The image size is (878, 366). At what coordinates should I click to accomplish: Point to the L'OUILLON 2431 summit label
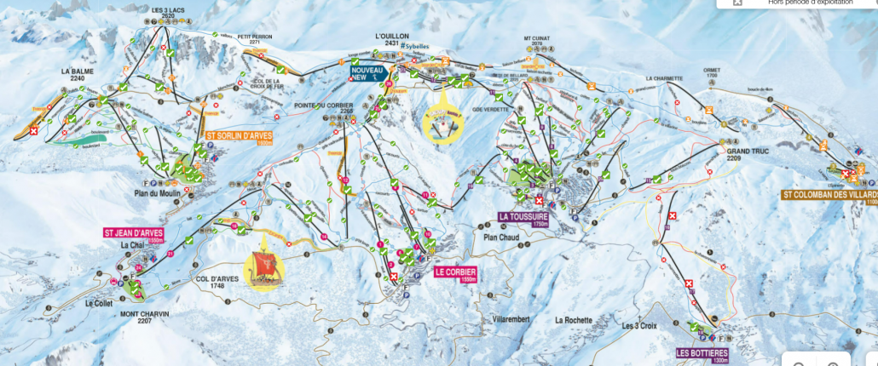click(387, 39)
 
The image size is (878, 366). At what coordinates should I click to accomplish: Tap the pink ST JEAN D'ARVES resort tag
click(134, 234)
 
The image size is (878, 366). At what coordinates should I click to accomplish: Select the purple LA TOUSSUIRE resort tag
click(523, 218)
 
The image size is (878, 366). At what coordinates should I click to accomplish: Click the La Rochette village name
click(573, 320)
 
